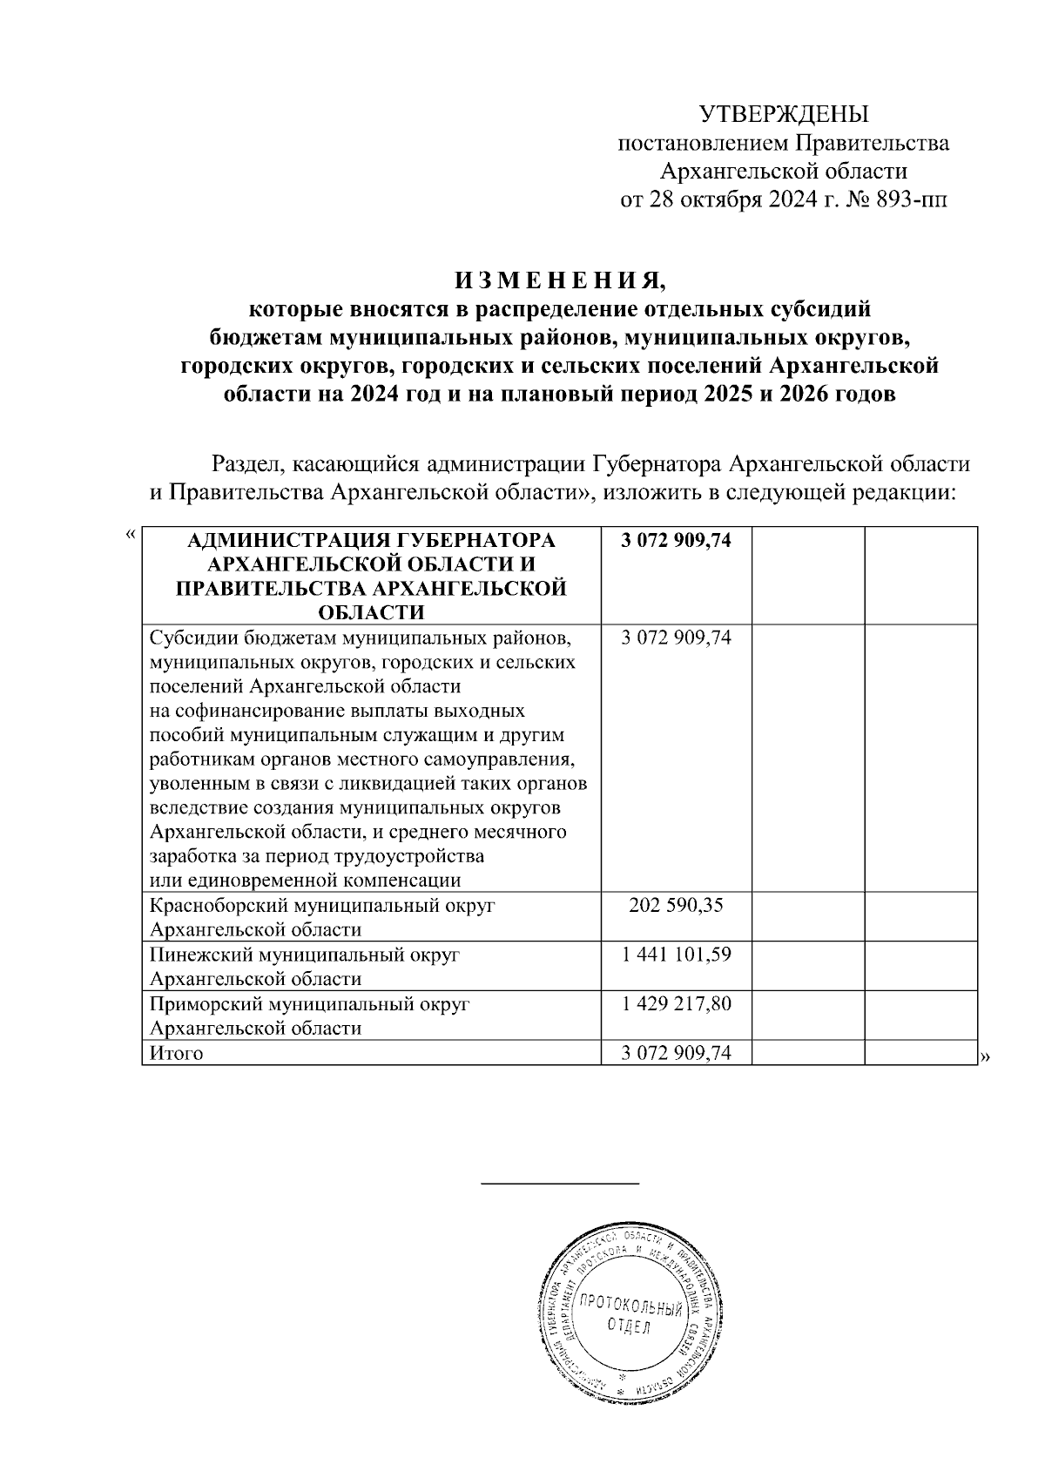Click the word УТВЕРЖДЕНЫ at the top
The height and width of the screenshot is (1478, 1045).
785,114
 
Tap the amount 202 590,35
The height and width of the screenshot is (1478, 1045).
676,906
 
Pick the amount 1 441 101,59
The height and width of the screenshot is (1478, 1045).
676,955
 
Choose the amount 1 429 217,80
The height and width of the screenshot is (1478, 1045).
676,1003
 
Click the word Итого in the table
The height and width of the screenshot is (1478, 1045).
176,1054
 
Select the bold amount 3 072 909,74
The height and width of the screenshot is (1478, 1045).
676,541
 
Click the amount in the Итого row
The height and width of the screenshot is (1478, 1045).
676,1054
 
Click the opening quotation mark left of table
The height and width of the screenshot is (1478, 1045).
131,534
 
